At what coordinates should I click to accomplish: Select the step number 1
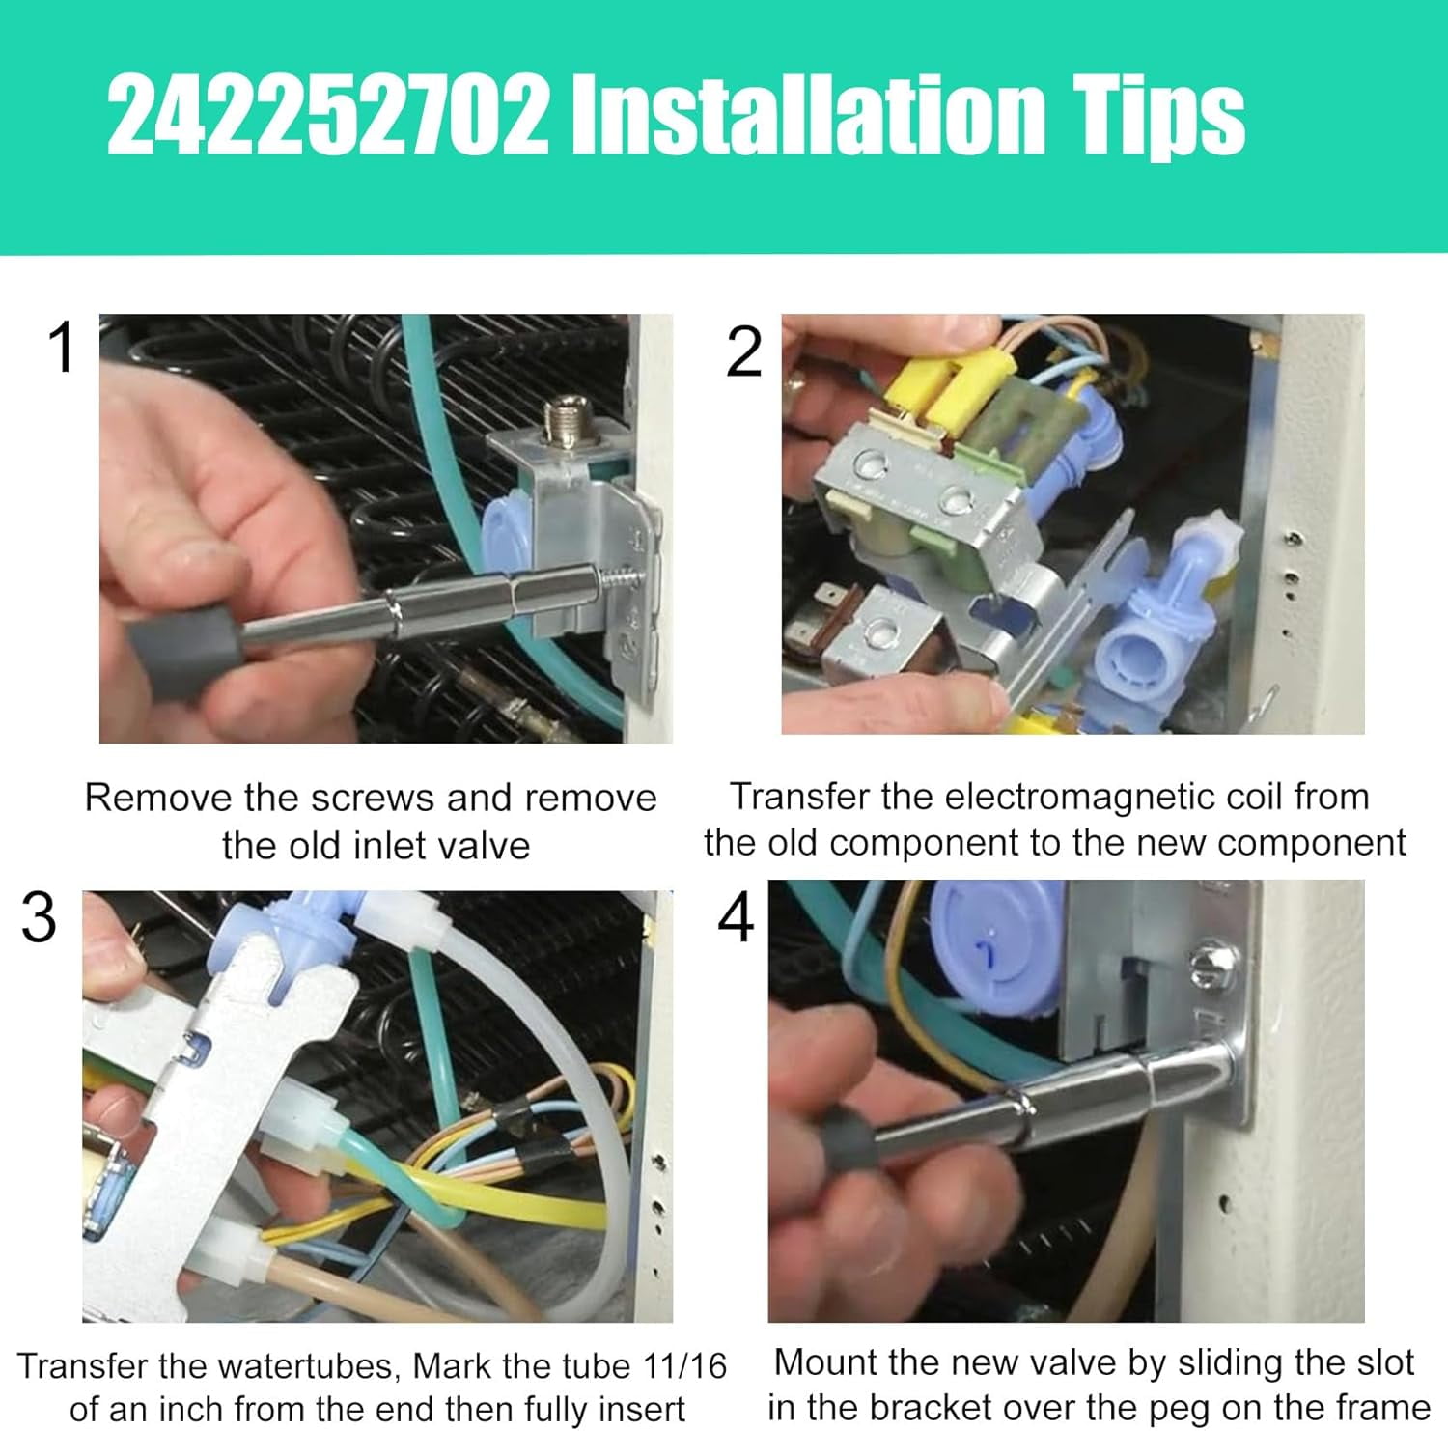[62, 348]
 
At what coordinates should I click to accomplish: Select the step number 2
[743, 352]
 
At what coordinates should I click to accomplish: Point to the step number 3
[39, 917]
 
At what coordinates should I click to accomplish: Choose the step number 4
[736, 917]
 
